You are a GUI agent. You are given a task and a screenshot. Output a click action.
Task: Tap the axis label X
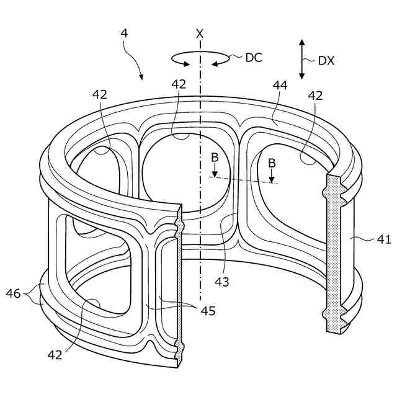pos(200,34)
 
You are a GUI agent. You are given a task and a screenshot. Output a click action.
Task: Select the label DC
pos(254,58)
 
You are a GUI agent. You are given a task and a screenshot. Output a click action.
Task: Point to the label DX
pos(327,60)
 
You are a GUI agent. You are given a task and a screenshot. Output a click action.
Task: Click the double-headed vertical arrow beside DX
pos(302,60)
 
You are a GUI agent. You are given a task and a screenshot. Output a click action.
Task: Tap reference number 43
pos(223,282)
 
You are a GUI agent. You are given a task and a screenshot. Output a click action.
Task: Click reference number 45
pos(208,311)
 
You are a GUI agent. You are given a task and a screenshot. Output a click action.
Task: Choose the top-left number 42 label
pos(100,94)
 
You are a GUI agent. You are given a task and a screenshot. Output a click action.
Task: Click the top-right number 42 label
pos(316,96)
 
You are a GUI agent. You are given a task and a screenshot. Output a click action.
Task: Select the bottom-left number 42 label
pos(55,354)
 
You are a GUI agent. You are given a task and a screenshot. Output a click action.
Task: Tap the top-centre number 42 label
pos(179,85)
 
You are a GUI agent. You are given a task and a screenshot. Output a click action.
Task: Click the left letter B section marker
pos(215,159)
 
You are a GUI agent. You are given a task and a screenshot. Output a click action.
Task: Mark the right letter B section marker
pos(272,163)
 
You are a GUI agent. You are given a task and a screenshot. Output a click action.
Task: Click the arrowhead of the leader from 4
pos(143,79)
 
